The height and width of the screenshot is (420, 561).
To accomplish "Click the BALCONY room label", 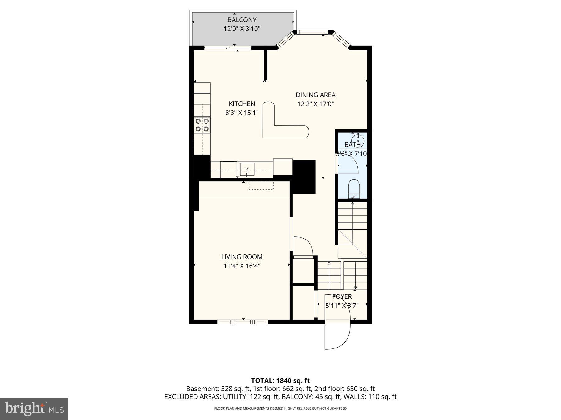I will click(242, 20).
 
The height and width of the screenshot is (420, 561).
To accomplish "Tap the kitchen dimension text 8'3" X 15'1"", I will click(242, 113).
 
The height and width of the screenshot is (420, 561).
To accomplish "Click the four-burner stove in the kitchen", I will click(202, 125).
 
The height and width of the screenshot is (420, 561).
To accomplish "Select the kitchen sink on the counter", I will click(247, 170).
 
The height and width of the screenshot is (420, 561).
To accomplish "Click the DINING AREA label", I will click(315, 95).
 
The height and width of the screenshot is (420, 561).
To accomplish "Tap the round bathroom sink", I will click(358, 139).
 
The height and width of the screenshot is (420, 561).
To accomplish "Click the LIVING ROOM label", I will click(242, 257).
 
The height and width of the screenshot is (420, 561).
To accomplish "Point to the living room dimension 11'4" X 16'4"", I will click(242, 266).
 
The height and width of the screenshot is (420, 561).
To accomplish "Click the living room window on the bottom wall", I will click(242, 322).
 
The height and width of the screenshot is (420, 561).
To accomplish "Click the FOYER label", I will click(342, 297).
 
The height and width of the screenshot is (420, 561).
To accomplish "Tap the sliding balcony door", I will click(228, 48).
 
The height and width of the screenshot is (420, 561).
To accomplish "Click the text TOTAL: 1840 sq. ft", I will click(280, 380).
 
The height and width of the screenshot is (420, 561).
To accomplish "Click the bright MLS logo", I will click(34, 408).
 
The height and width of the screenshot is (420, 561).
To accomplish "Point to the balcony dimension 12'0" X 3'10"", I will click(242, 29).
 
